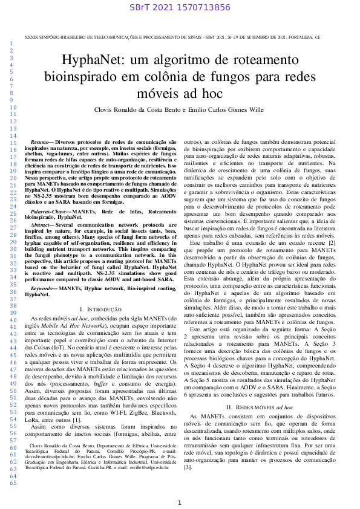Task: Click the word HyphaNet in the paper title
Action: [x=94, y=62]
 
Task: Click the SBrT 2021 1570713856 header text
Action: [x=180, y=8]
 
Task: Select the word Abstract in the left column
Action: [x=42, y=224]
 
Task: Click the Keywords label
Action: [x=44, y=288]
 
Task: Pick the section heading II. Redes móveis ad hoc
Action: [x=260, y=391]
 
